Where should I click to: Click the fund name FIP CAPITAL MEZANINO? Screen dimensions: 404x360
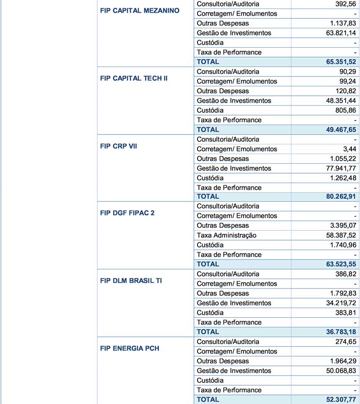[x=139, y=10]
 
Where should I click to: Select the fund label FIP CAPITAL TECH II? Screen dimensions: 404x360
[x=134, y=78]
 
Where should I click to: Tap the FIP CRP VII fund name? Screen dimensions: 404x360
[x=119, y=146]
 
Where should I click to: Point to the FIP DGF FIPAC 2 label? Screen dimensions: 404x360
[x=127, y=213]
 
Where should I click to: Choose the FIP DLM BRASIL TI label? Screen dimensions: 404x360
[x=131, y=281]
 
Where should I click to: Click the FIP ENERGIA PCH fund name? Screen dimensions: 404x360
[x=130, y=348]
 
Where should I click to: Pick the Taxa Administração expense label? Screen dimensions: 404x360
[x=227, y=235]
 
